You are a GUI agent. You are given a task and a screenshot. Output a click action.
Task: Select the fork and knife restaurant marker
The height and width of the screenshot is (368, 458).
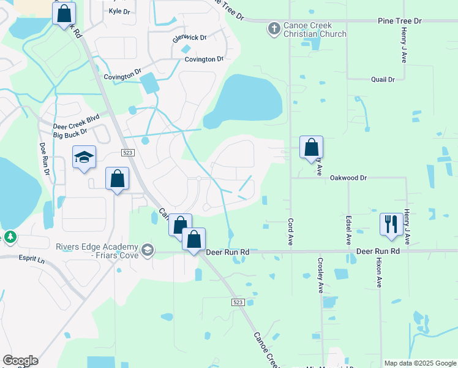(x=391, y=224)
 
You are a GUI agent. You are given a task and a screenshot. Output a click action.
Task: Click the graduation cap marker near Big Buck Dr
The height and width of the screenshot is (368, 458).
(x=84, y=158)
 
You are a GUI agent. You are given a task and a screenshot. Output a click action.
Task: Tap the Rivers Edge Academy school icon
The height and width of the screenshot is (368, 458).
(x=147, y=250)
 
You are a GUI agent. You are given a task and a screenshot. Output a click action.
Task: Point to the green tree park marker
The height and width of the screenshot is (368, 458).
(x=10, y=237)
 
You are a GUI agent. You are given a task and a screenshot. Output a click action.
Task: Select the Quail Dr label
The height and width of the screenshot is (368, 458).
(x=383, y=79)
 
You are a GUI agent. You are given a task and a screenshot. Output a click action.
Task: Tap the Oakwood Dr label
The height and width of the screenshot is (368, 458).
(x=348, y=177)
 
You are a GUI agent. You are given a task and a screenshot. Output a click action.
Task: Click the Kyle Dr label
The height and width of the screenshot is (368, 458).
(x=120, y=11)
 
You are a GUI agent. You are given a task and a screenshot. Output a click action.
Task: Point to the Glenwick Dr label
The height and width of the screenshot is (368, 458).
(x=190, y=38)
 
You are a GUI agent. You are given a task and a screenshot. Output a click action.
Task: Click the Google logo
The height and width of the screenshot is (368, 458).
(x=20, y=361)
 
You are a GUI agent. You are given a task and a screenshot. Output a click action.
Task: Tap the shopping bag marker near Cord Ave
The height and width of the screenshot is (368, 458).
(x=311, y=148)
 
